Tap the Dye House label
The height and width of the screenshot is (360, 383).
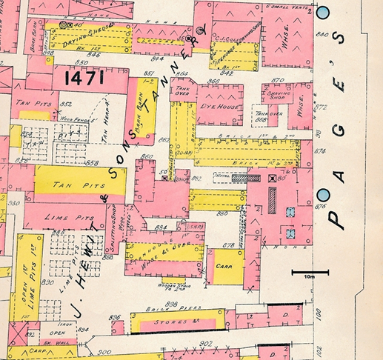click(217, 107)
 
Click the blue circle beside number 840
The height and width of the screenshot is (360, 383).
click(323, 12)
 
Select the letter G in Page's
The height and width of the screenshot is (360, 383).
click(339, 132)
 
